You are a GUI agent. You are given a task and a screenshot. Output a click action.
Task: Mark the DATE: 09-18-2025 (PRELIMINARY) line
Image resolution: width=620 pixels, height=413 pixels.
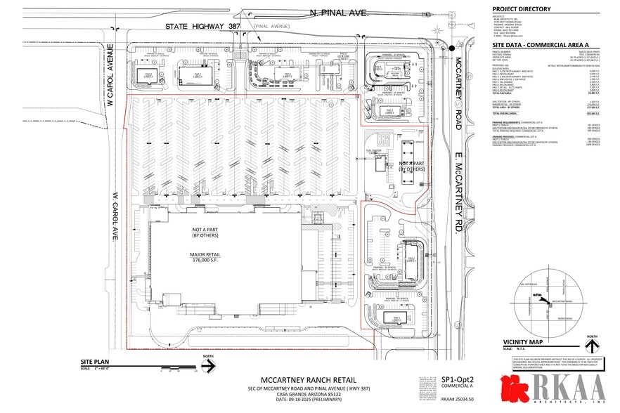pyautogui.click(x=290, y=400)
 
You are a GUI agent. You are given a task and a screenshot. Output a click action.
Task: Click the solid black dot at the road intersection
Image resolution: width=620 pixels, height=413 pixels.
pyautogui.click(x=451, y=48)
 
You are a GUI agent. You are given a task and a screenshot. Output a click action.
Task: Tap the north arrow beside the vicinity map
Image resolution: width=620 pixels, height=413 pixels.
pyautogui.click(x=593, y=344)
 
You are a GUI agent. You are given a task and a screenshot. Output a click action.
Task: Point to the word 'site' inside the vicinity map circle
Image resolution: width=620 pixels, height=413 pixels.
pyautogui.click(x=538, y=294)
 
